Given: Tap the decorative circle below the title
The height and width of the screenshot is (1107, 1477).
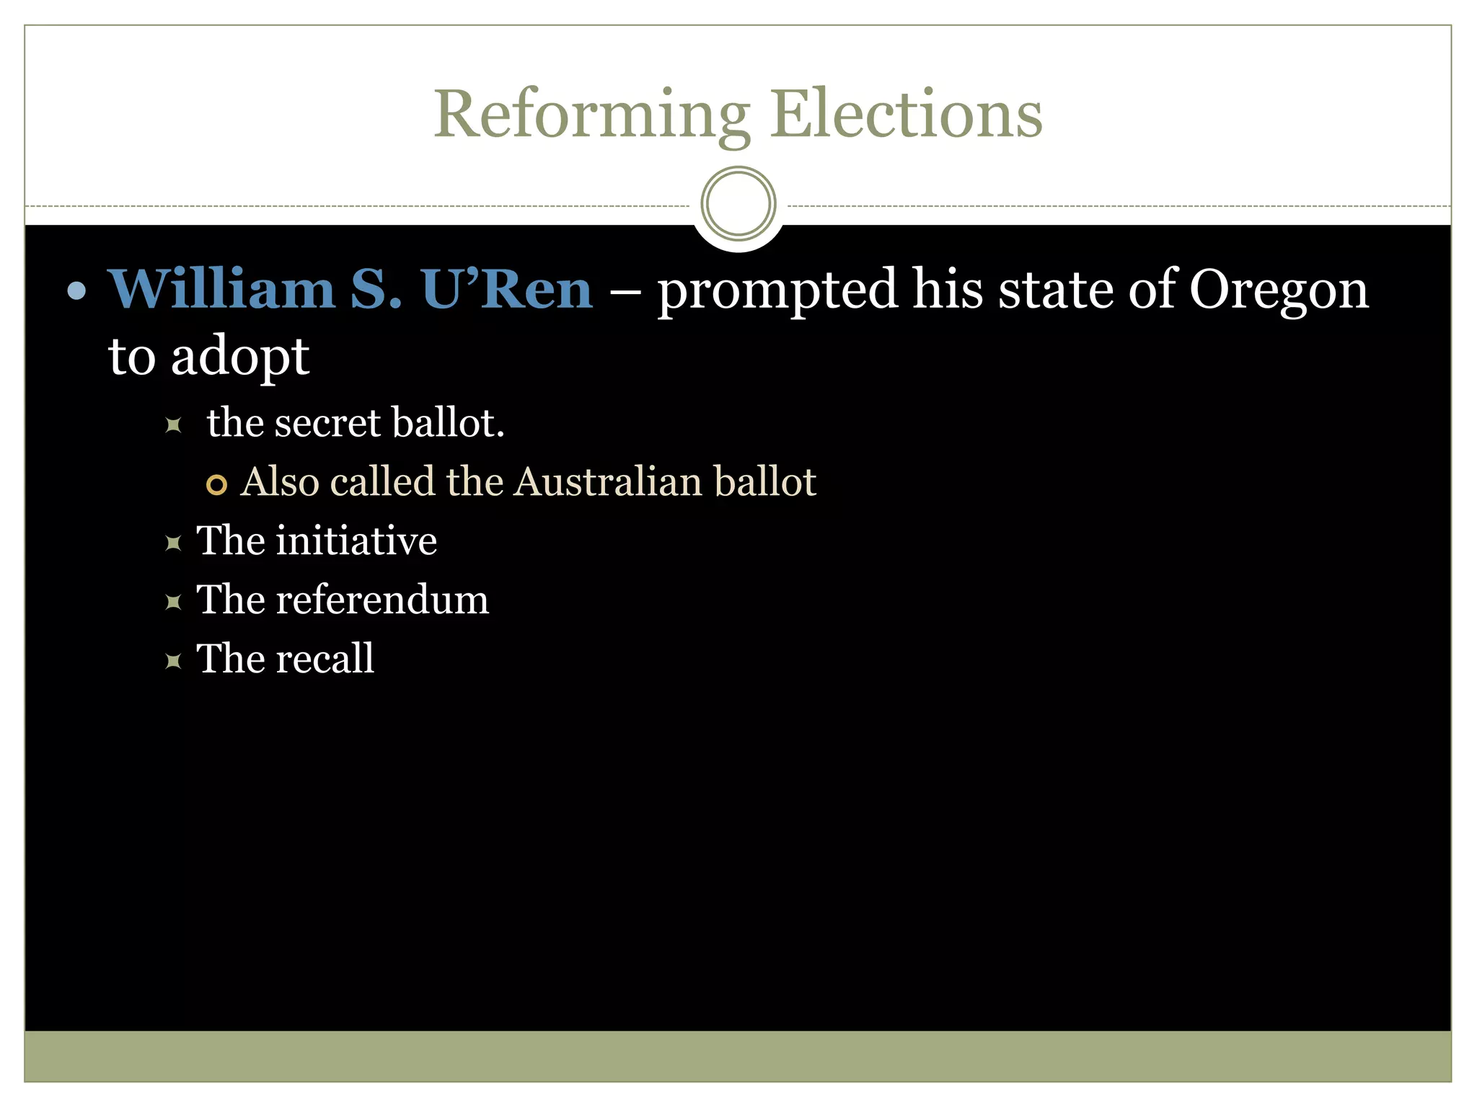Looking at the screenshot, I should (x=738, y=203).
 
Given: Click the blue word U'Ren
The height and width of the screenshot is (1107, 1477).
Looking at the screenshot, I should (x=507, y=289).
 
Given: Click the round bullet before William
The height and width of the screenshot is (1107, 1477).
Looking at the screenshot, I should (x=76, y=291).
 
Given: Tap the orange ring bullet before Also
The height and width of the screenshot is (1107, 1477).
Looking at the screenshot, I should (x=216, y=484).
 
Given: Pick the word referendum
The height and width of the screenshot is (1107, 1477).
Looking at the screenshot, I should (x=382, y=600).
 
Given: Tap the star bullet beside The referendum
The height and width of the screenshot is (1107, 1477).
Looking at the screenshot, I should (x=173, y=601).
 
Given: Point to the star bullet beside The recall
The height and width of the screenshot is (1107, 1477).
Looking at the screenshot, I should (x=173, y=660).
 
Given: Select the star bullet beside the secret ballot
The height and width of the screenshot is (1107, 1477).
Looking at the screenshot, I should (x=173, y=424).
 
